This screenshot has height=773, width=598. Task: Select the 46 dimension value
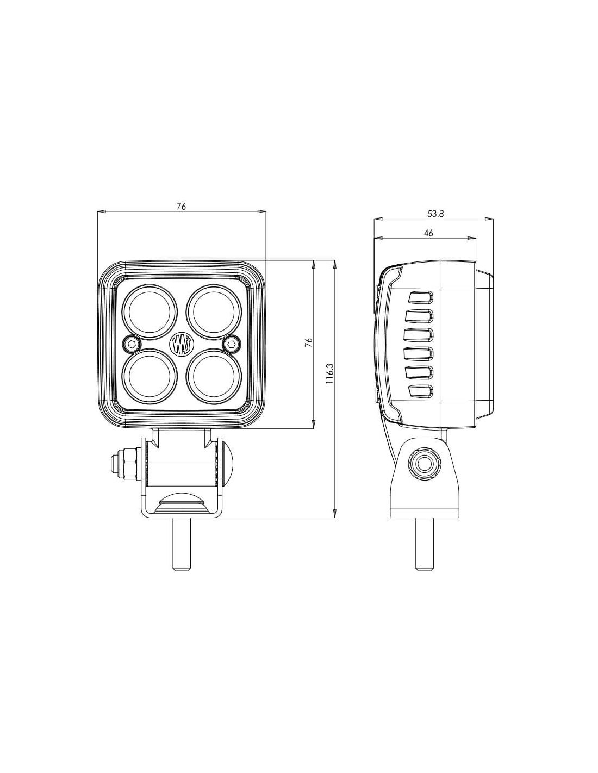(429, 233)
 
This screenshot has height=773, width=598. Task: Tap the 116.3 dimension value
(328, 373)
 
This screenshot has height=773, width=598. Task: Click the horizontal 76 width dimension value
(182, 207)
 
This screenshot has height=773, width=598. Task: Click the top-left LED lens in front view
(149, 312)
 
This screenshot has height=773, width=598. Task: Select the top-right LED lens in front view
(214, 312)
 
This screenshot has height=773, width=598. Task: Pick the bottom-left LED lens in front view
(149, 376)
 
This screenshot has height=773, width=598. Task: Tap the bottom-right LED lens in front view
(214, 376)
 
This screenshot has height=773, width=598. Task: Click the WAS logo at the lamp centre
(182, 344)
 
